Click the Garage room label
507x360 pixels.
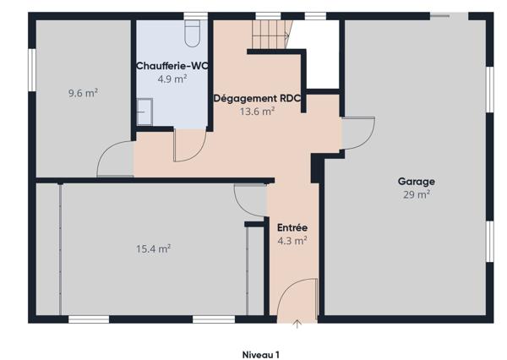click(x=416, y=182)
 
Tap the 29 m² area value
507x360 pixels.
click(x=416, y=194)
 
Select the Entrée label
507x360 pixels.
click(x=292, y=227)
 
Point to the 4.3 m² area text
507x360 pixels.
click(x=292, y=240)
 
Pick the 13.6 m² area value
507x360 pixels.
click(x=257, y=111)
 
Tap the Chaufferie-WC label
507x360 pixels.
click(x=172, y=66)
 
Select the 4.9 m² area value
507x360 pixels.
click(x=172, y=79)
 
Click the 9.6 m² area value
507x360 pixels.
click(x=83, y=93)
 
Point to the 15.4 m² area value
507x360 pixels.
click(x=154, y=248)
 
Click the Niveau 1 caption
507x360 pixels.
click(x=260, y=355)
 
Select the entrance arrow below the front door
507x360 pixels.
click(x=297, y=324)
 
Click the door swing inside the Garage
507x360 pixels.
click(x=357, y=134)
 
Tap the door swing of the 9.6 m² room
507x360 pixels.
click(x=114, y=161)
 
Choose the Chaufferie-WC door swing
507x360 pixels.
click(x=187, y=145)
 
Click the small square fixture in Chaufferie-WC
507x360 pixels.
click(x=145, y=110)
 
